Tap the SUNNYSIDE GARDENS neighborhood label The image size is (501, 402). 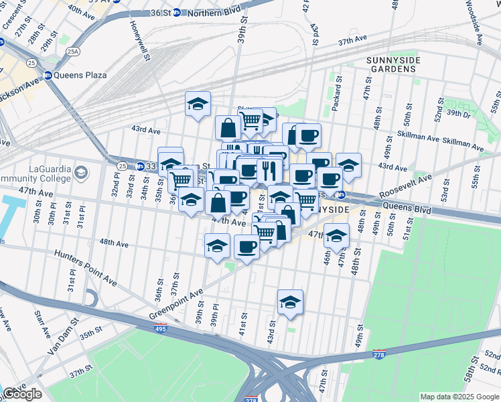click(x=393, y=66)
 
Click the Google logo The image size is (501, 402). click(x=22, y=394)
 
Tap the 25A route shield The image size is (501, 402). click(x=72, y=51)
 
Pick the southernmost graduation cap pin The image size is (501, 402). click(x=290, y=302)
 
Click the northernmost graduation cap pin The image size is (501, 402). click(x=198, y=104)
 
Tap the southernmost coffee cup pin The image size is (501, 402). click(x=246, y=247)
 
